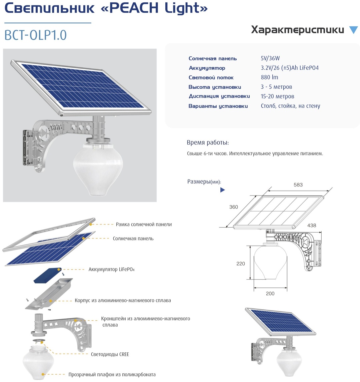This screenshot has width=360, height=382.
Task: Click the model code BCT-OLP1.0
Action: coord(36,35)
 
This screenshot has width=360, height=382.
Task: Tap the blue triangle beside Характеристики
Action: coord(353,30)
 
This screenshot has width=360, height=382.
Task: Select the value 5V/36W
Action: coord(270,58)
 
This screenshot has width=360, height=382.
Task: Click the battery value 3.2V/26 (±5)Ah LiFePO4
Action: coord(290,68)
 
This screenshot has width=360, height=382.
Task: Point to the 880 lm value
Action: coord(269,77)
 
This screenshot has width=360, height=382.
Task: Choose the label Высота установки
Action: coord(215,87)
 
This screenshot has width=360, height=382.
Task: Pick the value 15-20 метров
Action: coord(277,96)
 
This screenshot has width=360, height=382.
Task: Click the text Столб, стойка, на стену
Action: coord(290,106)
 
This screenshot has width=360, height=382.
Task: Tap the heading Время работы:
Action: coord(208,142)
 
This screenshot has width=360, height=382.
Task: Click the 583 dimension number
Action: coord(298,185)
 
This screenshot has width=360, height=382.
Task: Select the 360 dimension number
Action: coord(233,207)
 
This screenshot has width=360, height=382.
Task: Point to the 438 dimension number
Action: coord(312,225)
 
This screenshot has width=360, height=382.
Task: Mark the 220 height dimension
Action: coord(241,263)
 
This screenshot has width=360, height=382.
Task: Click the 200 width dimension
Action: coord(270,293)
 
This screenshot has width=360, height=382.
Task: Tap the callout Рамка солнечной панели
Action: coord(144,225)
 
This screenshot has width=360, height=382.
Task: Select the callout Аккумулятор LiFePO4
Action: coord(111,269)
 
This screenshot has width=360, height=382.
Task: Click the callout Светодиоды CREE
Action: coord(110,354)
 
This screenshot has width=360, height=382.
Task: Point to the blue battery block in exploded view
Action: coord(47,275)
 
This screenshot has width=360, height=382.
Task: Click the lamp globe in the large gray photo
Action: coord(98,169)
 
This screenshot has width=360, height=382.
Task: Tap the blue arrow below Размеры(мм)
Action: coord(222,190)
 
